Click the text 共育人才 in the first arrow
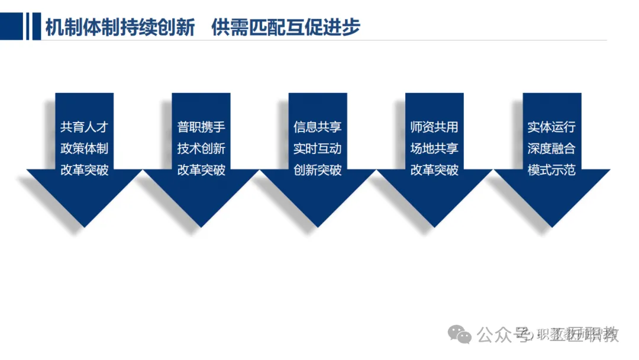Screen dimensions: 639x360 coord(84,127)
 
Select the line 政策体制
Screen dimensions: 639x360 coord(84,149)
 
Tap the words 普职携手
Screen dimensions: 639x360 coord(201,127)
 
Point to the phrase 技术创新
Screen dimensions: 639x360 coord(201,149)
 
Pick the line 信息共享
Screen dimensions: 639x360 coord(318,127)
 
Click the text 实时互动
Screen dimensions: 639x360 coord(318,149)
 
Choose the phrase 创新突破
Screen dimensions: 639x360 coord(318,171)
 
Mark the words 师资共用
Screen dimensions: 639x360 coord(434,127)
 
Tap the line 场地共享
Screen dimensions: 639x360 coord(434,149)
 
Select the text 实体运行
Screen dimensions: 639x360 coord(551,127)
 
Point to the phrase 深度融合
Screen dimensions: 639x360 coord(551,149)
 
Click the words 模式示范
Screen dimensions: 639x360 coord(551,171)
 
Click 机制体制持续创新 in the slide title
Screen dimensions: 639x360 coord(120,27)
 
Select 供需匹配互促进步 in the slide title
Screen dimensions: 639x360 coord(286,27)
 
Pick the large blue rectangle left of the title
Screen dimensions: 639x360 coord(11,27)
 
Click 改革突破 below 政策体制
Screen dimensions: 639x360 coord(84,171)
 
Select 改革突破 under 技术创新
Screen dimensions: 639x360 coord(201,171)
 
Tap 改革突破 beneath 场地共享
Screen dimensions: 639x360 coord(434,171)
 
